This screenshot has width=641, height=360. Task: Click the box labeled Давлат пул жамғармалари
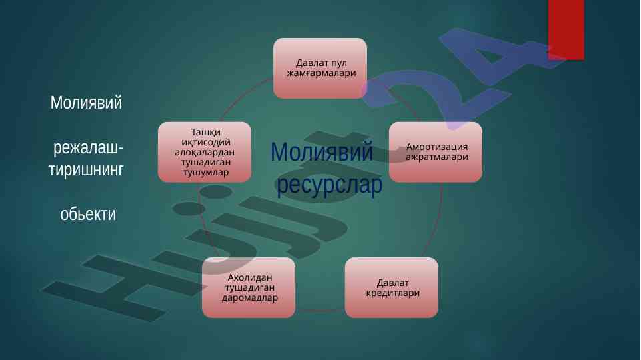tap(320, 68)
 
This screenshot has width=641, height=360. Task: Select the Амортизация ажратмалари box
tap(436, 152)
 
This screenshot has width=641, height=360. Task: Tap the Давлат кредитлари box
tap(392, 288)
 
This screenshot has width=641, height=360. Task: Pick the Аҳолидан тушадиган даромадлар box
tap(249, 288)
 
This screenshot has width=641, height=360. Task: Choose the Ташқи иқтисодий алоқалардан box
tap(204, 152)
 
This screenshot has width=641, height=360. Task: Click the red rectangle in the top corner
tap(566, 30)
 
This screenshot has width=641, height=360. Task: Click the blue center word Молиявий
tap(322, 151)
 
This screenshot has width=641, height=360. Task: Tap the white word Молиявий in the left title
tap(86, 103)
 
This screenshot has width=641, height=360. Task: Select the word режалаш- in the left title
tap(88, 147)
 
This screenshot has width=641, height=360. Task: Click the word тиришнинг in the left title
tap(86, 169)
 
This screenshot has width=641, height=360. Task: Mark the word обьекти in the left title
tap(88, 214)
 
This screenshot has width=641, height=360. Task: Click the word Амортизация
tap(437, 147)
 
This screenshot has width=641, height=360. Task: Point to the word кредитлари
tap(393, 293)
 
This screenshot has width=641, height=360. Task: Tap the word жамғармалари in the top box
tap(322, 73)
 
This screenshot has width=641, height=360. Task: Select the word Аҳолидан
tap(249, 277)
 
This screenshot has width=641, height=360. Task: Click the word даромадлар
tap(249, 298)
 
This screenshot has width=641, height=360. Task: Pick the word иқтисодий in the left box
tap(206, 142)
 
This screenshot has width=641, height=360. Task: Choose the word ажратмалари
tap(437, 157)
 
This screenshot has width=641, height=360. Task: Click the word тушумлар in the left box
tap(206, 172)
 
